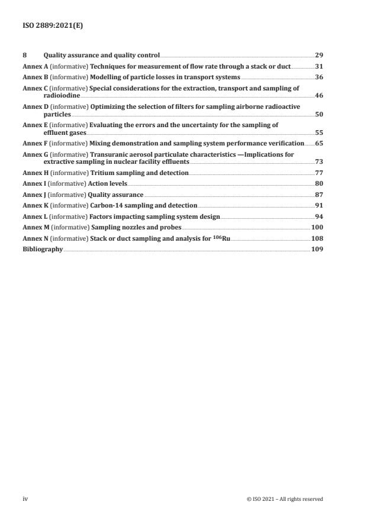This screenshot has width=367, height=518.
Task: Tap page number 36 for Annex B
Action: pyautogui.click(x=318, y=77)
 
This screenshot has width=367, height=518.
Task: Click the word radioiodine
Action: pyautogui.click(x=61, y=95)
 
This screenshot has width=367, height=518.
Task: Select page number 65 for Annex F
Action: pyautogui.click(x=318, y=143)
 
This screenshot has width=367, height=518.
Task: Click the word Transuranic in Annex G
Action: pyautogui.click(x=110, y=154)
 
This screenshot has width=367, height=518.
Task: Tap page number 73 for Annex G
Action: pyautogui.click(x=318, y=161)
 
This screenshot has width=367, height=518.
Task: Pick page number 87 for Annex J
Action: pyautogui.click(x=318, y=195)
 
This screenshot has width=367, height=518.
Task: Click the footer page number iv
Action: pyautogui.click(x=25, y=498)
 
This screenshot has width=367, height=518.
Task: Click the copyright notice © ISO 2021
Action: pyautogui.click(x=284, y=498)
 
